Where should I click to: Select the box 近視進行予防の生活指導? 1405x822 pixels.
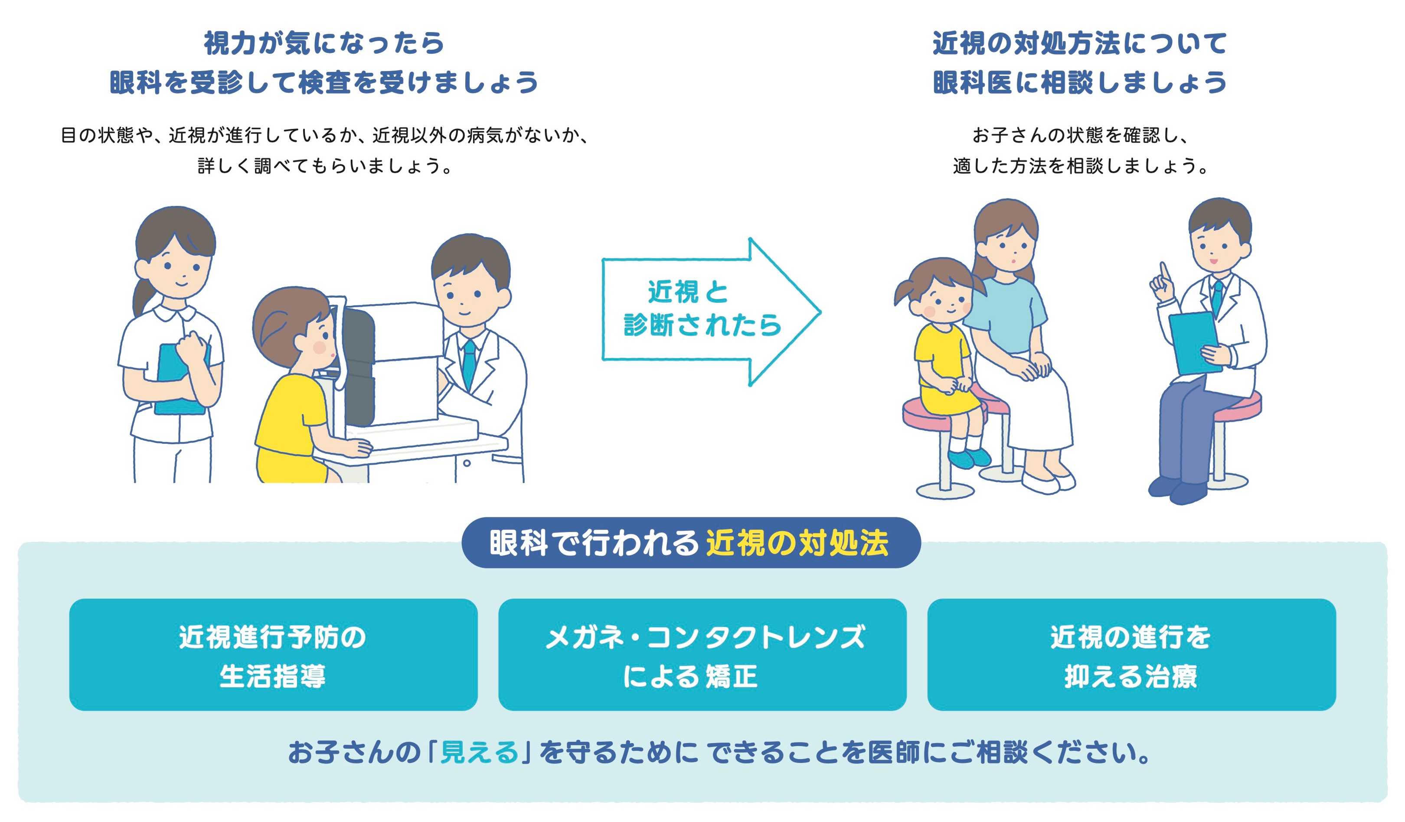pos(273,654)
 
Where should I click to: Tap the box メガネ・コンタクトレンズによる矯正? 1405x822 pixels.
pos(702,654)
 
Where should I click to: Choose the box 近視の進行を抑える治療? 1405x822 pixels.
pos(1132,654)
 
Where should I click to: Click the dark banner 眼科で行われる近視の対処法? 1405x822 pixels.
pos(691,543)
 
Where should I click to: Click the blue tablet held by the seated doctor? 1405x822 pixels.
pos(1194,343)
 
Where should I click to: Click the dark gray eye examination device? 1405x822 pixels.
pos(357,368)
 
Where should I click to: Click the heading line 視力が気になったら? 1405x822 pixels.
pos(324,43)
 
